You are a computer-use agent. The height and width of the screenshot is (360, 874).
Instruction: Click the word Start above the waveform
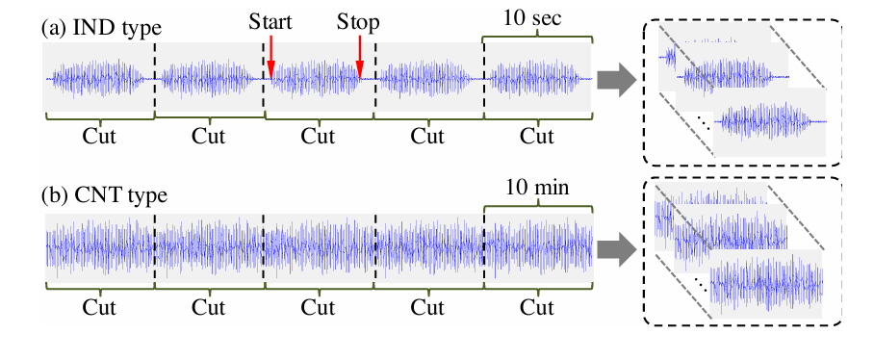click(x=270, y=22)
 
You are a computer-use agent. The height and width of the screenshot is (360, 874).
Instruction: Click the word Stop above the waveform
click(x=358, y=23)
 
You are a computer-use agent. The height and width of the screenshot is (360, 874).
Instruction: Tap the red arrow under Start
click(x=270, y=58)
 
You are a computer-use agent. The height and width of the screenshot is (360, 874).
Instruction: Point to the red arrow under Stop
click(x=360, y=58)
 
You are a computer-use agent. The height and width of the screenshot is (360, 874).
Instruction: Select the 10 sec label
click(x=532, y=18)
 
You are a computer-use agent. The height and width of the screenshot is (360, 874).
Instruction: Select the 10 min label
click(x=538, y=188)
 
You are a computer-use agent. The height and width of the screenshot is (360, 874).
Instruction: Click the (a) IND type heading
click(x=101, y=28)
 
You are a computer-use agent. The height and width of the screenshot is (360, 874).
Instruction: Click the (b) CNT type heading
click(x=105, y=196)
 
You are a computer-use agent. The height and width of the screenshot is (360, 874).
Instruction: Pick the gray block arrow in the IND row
click(x=617, y=81)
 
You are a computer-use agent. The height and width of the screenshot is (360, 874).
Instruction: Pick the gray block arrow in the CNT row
click(x=617, y=249)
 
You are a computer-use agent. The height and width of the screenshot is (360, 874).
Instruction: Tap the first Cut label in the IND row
click(x=100, y=137)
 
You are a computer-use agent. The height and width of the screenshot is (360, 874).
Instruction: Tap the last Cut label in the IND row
click(x=537, y=137)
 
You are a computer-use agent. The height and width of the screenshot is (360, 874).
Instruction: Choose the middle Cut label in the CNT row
click(x=319, y=307)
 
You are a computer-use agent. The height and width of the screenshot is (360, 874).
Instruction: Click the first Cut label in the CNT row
click(x=100, y=307)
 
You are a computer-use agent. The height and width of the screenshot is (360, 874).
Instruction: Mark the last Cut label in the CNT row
click(x=537, y=307)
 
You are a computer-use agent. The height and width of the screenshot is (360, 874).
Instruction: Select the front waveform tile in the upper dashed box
click(x=769, y=122)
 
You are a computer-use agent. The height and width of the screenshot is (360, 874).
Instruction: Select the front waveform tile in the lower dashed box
click(x=766, y=284)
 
